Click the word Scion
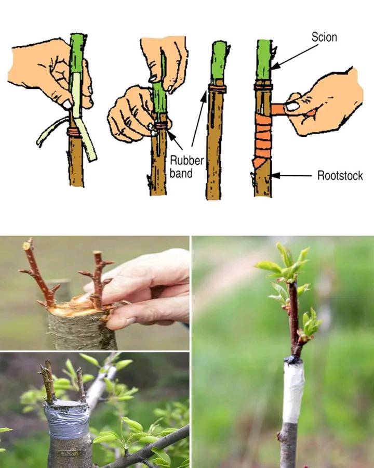tap(324, 37)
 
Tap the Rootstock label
tap(340, 176)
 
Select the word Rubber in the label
tap(186, 161)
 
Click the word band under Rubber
tap(181, 173)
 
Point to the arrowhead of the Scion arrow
tap(275, 66)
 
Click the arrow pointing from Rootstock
tap(291, 176)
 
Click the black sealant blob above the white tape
tap(293, 359)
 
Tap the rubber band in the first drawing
tap(74, 132)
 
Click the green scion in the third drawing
tap(220, 63)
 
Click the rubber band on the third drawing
tap(217, 88)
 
